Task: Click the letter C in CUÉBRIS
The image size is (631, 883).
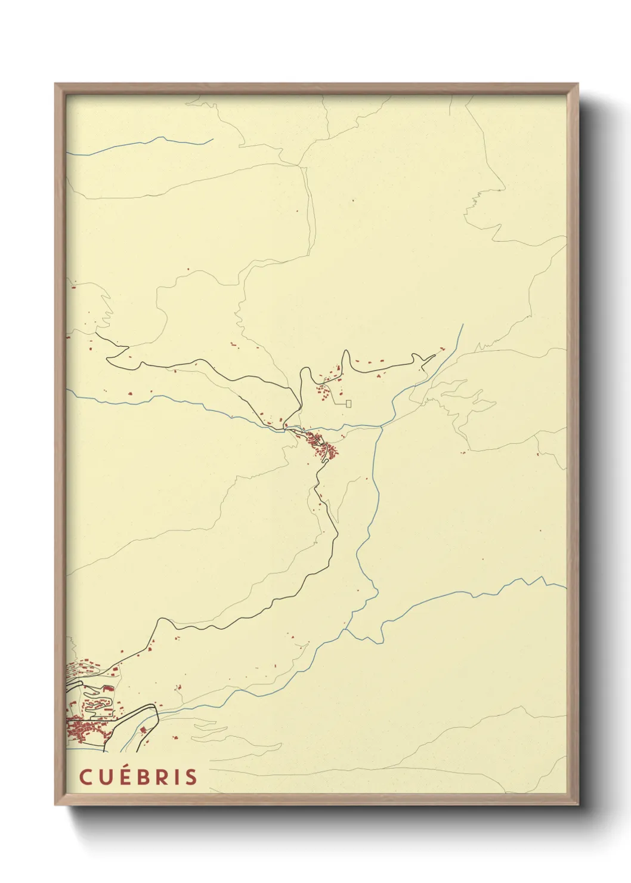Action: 85,777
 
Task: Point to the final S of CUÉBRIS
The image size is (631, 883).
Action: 191,777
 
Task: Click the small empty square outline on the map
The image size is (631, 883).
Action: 348,403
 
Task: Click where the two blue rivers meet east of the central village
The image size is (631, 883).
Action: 382,426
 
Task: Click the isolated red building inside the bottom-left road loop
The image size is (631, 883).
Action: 143,730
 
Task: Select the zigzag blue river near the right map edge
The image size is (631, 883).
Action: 525,581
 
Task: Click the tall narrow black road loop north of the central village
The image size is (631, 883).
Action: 345,360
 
